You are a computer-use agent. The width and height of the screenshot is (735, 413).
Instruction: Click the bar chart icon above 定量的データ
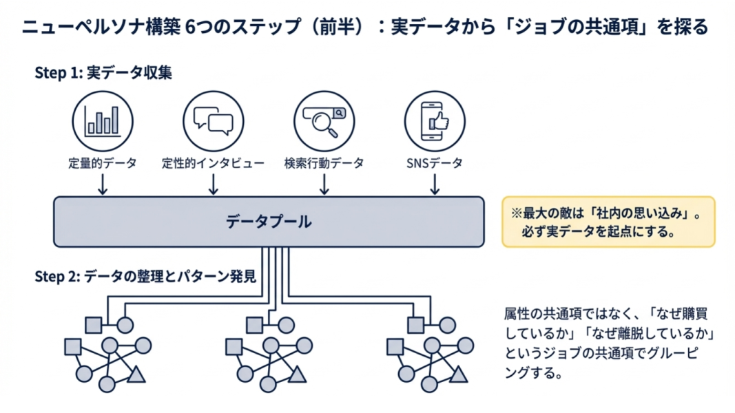102,120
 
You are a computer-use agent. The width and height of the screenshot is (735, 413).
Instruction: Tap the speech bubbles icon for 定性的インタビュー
214,120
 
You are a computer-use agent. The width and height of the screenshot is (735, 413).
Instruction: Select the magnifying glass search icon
324,120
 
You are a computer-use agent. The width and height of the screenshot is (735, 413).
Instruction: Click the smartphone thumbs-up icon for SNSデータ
435,120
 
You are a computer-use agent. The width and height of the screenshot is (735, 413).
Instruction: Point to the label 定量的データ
102,163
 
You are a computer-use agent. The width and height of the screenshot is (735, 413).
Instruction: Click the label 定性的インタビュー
213,163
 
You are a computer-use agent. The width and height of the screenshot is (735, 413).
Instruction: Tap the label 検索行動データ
324,163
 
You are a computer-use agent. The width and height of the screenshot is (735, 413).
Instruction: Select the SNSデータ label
435,163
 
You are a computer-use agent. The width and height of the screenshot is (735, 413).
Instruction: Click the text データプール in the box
269,222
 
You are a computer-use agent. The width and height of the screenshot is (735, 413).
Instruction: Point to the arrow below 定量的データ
102,184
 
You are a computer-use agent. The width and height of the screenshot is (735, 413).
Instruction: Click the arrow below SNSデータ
435,184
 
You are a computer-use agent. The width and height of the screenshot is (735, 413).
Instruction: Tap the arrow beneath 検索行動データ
324,184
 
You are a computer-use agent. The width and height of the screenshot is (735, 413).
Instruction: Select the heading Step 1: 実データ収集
103,73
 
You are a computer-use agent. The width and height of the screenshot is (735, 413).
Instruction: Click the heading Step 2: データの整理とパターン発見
145,277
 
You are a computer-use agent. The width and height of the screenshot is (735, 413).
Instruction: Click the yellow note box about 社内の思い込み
608,222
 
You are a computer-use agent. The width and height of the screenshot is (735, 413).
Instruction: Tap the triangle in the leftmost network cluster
136,375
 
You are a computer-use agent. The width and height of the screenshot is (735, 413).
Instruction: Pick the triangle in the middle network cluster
297,375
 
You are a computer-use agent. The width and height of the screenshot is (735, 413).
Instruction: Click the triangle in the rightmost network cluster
458,375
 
